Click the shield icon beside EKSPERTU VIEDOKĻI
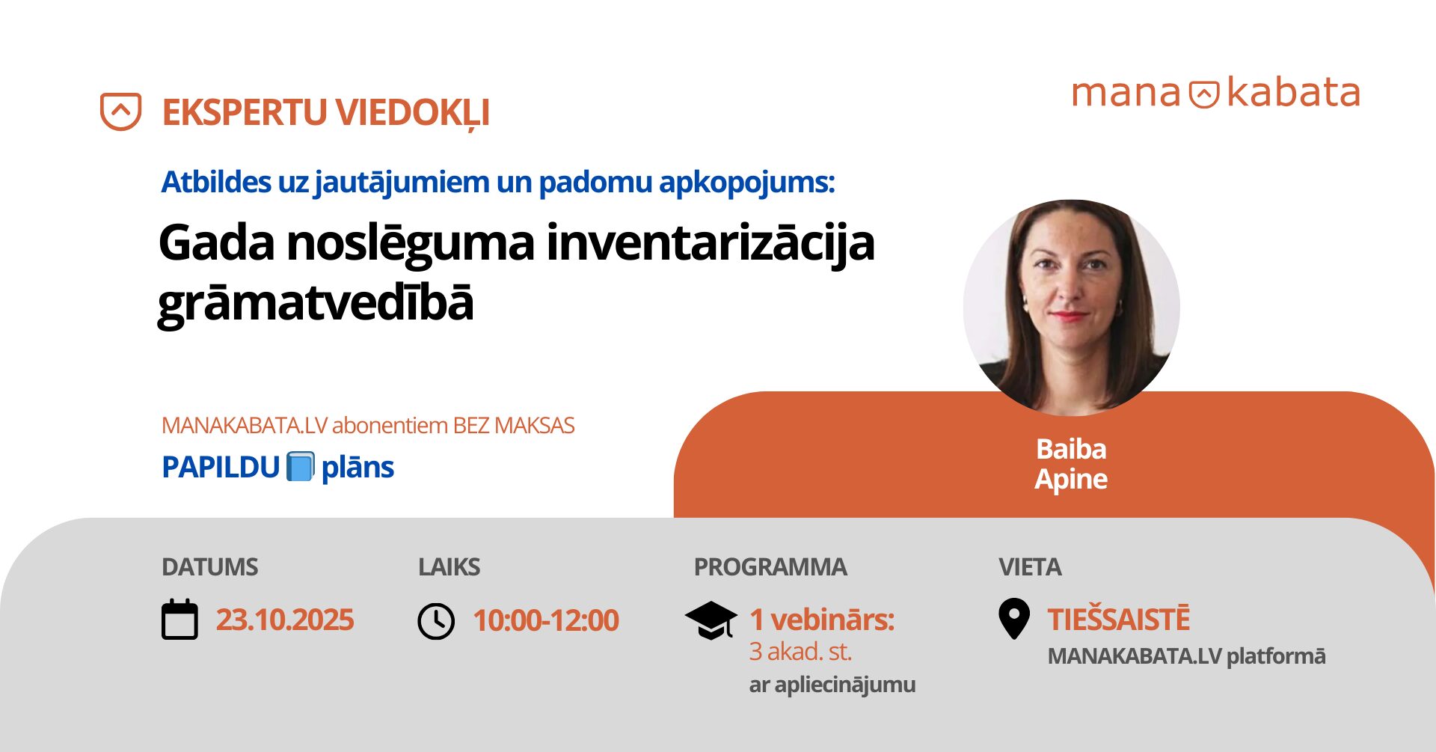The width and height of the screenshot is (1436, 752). pyautogui.click(x=120, y=111)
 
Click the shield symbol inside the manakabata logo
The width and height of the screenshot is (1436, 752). pyautogui.click(x=1204, y=94)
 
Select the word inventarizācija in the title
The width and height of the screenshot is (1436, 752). pyautogui.click(x=711, y=244)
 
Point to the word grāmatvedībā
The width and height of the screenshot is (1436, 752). pyautogui.click(x=316, y=303)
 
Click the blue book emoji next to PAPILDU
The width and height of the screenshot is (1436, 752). pyautogui.click(x=301, y=467)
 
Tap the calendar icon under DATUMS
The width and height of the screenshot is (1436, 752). pyautogui.click(x=180, y=620)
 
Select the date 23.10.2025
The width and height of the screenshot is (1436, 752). pyautogui.click(x=285, y=620)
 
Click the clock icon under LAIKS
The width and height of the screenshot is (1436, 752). pyautogui.click(x=436, y=621)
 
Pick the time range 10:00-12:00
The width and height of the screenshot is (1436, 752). pyautogui.click(x=546, y=620)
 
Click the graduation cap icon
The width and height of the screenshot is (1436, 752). pyautogui.click(x=711, y=620)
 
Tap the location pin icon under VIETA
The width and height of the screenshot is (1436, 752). pyautogui.click(x=1014, y=619)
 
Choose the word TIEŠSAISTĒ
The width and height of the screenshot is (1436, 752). pyautogui.click(x=1118, y=620)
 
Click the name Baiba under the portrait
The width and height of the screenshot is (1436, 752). pyautogui.click(x=1071, y=449)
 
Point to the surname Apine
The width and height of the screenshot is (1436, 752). pyautogui.click(x=1071, y=479)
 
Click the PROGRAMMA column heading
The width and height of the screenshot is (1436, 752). pyautogui.click(x=770, y=567)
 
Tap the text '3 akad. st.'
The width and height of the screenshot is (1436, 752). pyautogui.click(x=800, y=652)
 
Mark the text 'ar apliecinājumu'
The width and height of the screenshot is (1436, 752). pyautogui.click(x=832, y=685)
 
